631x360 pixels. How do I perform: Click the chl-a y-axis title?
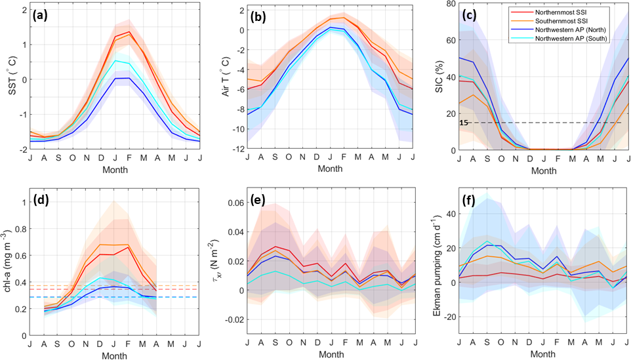[9, 264]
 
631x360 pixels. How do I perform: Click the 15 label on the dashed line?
[463, 123]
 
